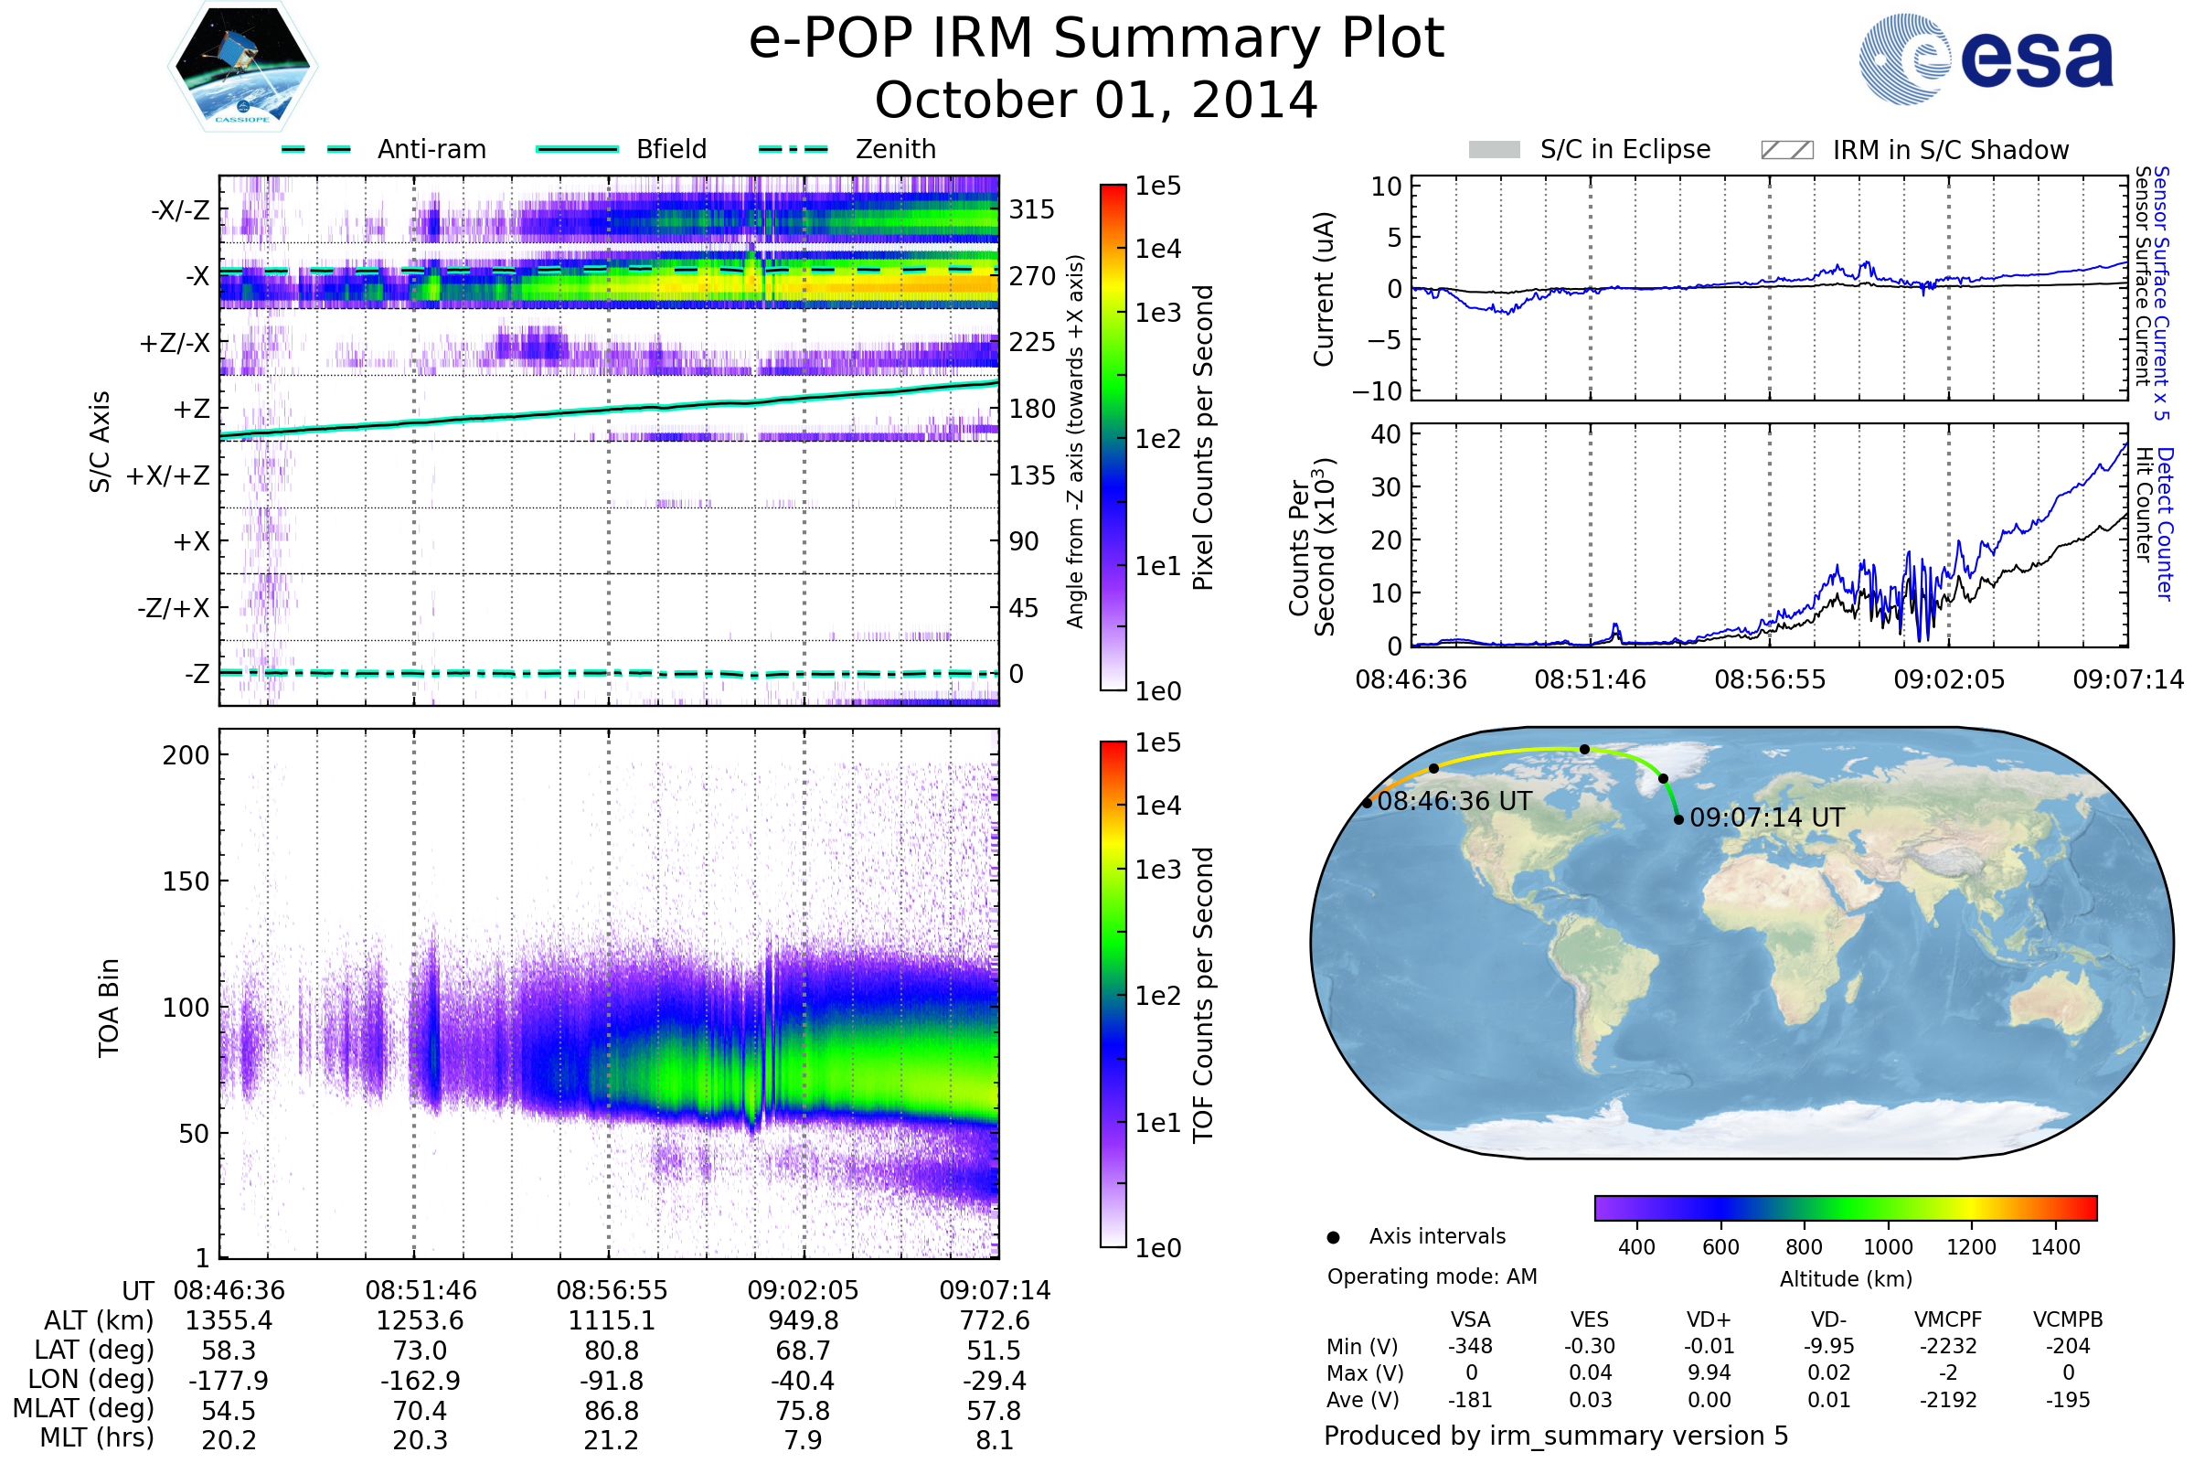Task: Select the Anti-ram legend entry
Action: coord(384,149)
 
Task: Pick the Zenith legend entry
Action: coord(847,149)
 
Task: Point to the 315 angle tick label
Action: coord(1031,209)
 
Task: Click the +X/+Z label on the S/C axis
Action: coord(168,475)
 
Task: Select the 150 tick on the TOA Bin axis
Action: coord(186,881)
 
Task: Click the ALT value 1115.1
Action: coord(611,1320)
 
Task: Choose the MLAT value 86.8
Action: coord(611,1411)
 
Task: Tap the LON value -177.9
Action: coord(229,1380)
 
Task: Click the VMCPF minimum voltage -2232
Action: coord(1948,1346)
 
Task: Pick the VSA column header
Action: coord(1470,1319)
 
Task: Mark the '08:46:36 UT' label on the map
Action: coord(1454,801)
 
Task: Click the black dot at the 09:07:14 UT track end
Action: coord(1678,819)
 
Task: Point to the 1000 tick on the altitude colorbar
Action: coord(1887,1247)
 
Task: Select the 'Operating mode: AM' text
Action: coord(1432,1276)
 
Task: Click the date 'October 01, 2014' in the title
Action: coord(1096,100)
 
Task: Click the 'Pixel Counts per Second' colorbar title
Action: coord(1203,437)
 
